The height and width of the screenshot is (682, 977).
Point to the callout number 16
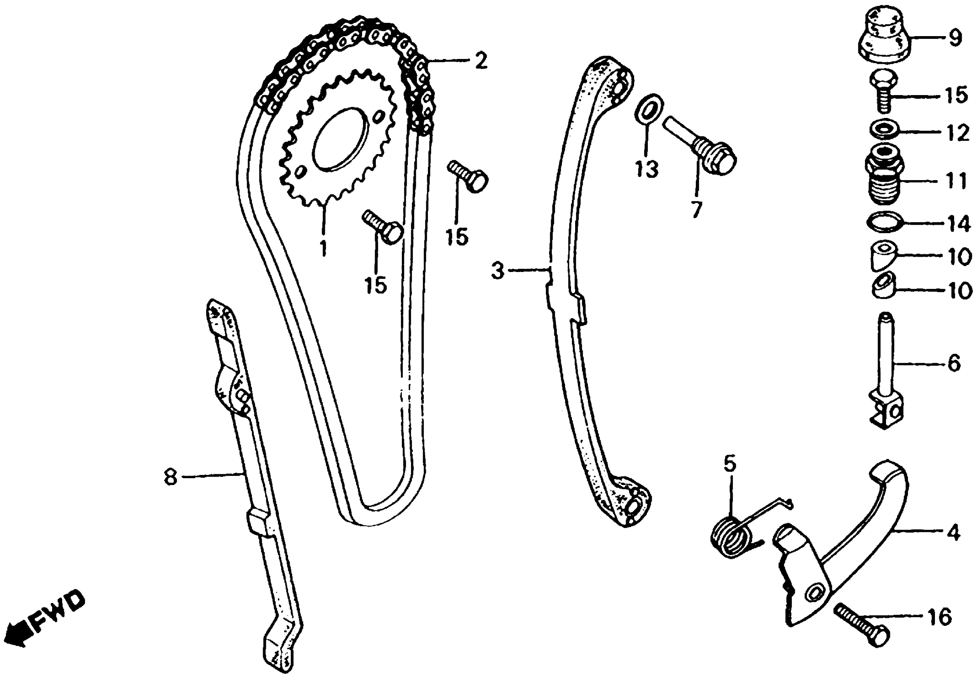tap(939, 617)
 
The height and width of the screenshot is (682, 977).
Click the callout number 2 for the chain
tap(480, 61)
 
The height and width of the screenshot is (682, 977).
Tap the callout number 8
tap(170, 477)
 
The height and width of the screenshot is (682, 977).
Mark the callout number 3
tap(497, 270)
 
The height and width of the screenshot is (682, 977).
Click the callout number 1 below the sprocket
tap(323, 248)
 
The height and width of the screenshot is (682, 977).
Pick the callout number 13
tap(647, 169)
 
